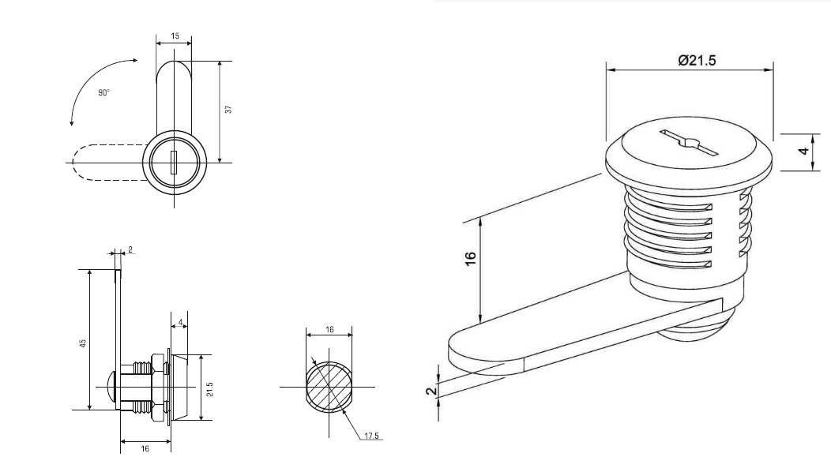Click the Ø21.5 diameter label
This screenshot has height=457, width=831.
[697, 60]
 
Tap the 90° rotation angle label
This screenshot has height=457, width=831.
[104, 92]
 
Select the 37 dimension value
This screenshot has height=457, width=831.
[228, 110]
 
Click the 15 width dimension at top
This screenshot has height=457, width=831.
[175, 36]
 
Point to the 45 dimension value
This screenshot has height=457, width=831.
[83, 343]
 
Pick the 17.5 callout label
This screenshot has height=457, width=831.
[371, 436]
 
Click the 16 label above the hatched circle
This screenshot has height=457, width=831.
[329, 329]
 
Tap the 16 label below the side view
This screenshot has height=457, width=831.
[145, 448]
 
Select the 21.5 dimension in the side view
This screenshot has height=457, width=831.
[210, 389]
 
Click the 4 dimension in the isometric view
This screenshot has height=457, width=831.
[804, 152]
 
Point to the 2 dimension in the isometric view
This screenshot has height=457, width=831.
[432, 391]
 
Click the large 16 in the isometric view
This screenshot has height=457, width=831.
[470, 258]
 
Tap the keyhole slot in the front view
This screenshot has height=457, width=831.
[173, 162]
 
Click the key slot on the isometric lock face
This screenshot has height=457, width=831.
[689, 142]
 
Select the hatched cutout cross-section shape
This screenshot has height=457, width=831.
[329, 387]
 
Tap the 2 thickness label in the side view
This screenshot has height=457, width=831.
[130, 249]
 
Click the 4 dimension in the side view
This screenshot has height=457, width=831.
[181, 322]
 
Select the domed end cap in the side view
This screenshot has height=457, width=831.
[113, 388]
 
